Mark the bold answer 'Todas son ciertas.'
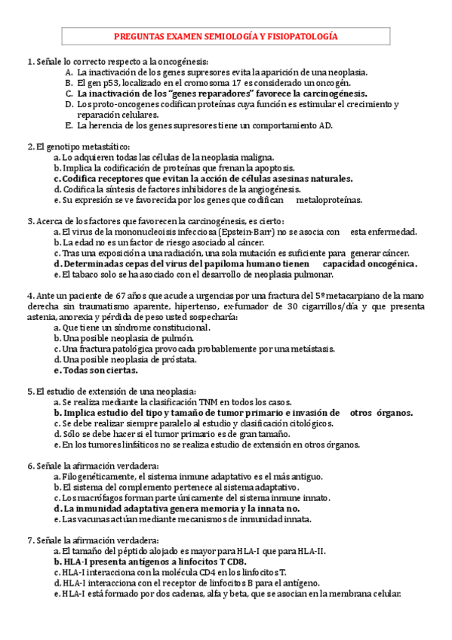[96, 371]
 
